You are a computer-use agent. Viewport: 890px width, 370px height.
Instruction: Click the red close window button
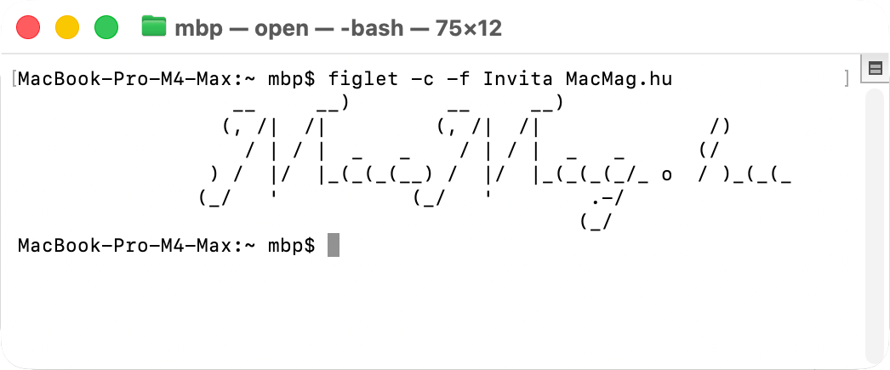click(29, 28)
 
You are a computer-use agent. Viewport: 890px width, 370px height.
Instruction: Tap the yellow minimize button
click(67, 28)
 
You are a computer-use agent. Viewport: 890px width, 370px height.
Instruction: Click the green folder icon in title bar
click(154, 27)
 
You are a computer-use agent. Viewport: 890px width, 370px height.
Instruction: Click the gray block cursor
click(333, 245)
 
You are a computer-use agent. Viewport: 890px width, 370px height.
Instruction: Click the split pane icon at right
click(874, 69)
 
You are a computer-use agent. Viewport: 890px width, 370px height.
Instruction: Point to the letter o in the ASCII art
click(666, 176)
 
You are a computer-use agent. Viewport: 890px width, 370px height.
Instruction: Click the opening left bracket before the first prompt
click(14, 79)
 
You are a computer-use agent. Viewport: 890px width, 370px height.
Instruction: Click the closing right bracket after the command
click(846, 79)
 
